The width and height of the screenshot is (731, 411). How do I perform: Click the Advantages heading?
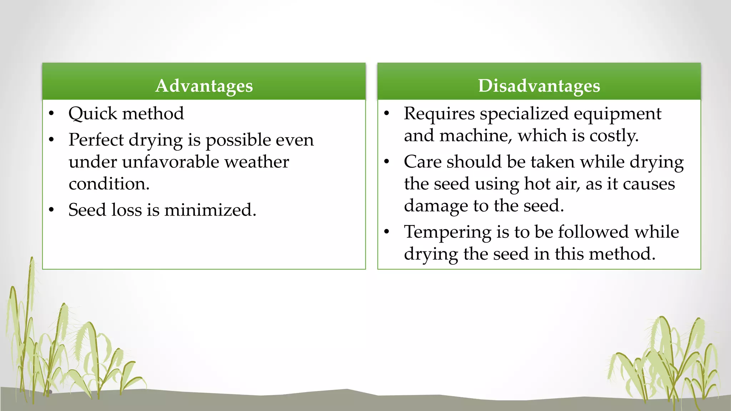204,86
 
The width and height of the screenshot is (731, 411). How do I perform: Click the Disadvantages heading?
539,86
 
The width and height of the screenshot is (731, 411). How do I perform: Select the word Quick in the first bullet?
93,114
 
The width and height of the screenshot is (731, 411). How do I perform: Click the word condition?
109,184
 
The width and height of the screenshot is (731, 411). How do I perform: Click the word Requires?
439,114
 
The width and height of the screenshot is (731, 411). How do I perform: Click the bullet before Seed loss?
51,210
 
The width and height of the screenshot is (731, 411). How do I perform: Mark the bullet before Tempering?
387,232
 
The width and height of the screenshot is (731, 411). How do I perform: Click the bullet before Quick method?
51,114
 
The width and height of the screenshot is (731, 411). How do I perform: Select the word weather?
256,162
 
